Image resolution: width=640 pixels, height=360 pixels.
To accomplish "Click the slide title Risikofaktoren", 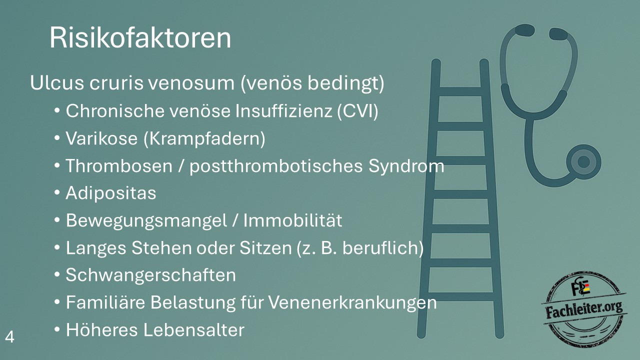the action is tap(140, 38).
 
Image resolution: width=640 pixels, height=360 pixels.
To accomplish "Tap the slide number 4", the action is tap(9, 337).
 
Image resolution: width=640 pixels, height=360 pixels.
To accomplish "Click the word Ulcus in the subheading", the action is tap(57, 83).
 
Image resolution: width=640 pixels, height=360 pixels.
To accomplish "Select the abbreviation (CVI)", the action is tap(357, 111).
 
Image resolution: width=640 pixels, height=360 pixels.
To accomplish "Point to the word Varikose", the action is tap(101, 138).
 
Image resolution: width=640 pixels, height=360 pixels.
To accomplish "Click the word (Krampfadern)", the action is tap(204, 139).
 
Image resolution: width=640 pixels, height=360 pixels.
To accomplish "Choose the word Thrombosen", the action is tap(119, 165).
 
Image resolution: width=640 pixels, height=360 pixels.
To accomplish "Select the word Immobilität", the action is tap(292, 220).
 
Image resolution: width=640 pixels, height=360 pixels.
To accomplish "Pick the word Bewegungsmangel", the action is tap(146, 221).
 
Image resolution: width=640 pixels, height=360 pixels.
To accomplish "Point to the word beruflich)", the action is tap(383, 248).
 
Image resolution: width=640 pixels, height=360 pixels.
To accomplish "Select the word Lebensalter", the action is tap(193, 330).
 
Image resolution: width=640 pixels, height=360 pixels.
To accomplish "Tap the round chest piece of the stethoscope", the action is tap(583, 162).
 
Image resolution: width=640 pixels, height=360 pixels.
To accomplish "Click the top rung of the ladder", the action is tap(460, 91).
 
